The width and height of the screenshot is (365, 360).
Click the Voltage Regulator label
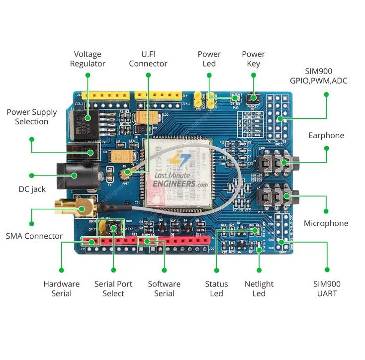tap(88, 59)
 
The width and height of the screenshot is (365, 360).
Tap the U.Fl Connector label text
tap(148, 59)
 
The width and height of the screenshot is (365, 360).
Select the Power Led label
tap(209, 59)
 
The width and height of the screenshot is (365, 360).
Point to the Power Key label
tap(253, 59)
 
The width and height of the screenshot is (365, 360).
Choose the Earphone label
tap(326, 135)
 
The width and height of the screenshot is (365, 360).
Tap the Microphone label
tap(326, 223)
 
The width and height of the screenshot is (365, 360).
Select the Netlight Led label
tap(259, 288)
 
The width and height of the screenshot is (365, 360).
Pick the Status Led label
tap(216, 288)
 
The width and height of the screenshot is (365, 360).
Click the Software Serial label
tap(164, 288)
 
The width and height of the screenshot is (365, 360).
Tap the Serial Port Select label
tap(113, 288)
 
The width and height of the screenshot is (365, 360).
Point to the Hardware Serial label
tap(61, 288)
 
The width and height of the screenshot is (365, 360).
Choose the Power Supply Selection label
tap(32, 117)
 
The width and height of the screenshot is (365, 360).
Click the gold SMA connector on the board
tap(70, 205)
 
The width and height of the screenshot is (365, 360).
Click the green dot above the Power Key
tap(254, 75)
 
